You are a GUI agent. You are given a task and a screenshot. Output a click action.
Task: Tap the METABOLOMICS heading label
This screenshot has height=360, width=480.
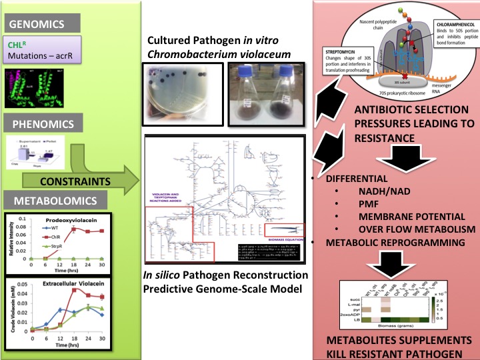pyautogui.click(x=47, y=200)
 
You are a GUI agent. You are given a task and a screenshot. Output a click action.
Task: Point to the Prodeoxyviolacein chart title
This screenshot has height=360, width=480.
pyautogui.click(x=66, y=219)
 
